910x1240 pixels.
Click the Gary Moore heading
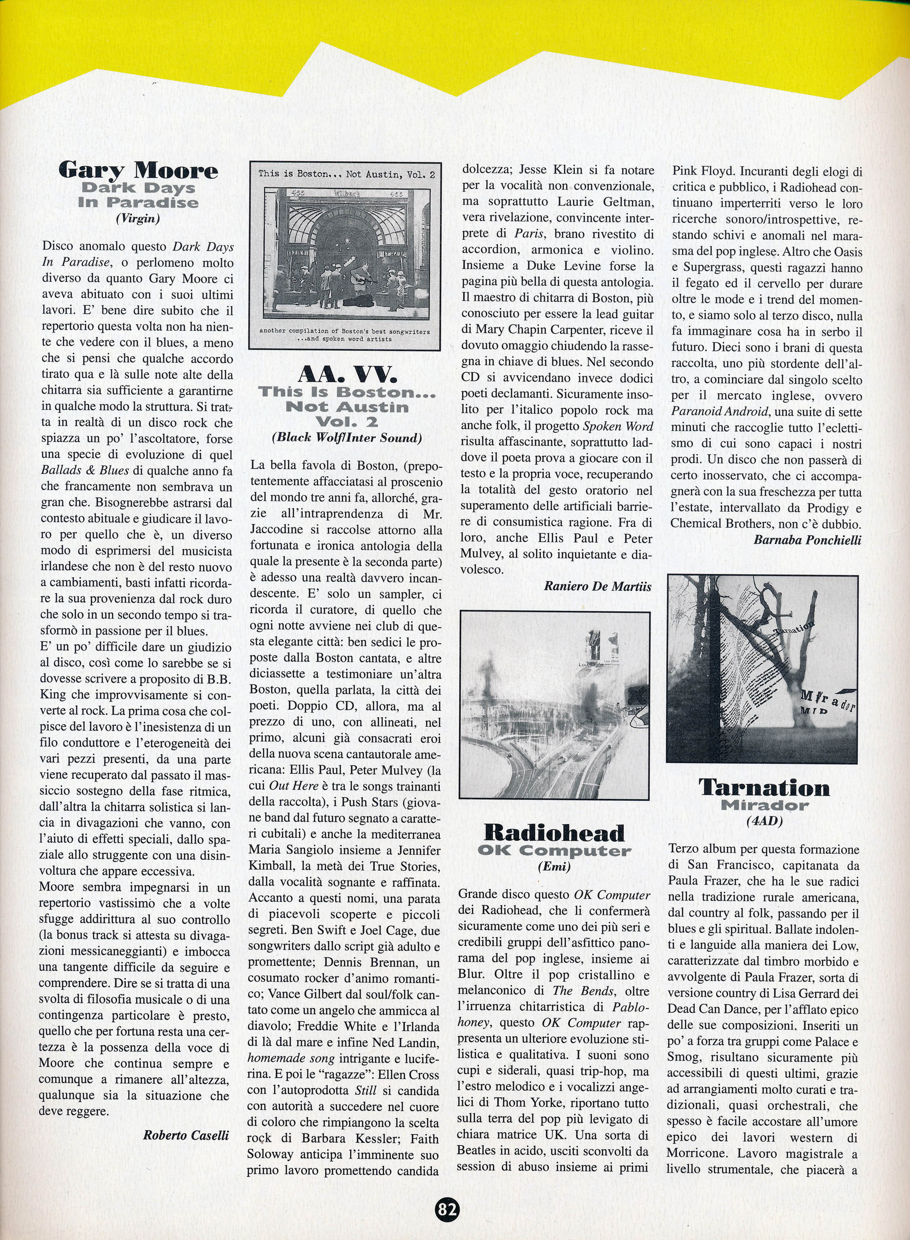pyautogui.click(x=138, y=170)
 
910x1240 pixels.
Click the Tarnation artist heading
pyautogui.click(x=764, y=787)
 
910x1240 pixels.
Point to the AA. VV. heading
pyautogui.click(x=347, y=375)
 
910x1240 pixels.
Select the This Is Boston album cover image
pyautogui.click(x=345, y=255)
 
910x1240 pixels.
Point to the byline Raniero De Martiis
pyautogui.click(x=598, y=586)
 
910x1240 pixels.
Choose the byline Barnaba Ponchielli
pyautogui.click(x=807, y=540)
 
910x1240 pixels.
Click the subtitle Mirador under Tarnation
pyautogui.click(x=764, y=805)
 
